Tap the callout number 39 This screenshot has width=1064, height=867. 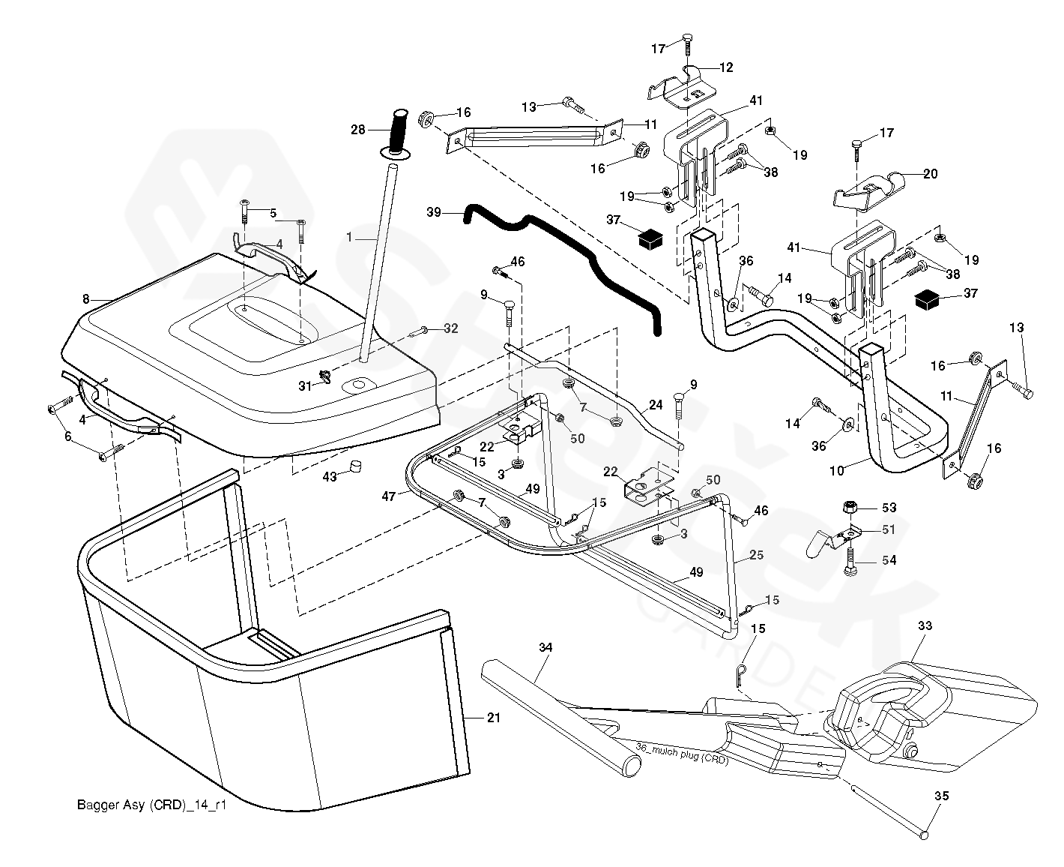pos(434,212)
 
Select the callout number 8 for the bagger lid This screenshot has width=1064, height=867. pos(86,299)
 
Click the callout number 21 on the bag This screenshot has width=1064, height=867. pos(493,718)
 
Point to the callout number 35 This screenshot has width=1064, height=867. pos(942,796)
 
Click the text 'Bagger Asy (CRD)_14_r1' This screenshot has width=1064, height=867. pos(151,805)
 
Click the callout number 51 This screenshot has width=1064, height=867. pos(889,529)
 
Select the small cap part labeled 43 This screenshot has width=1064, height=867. pos(352,469)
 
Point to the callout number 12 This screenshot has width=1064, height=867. pos(726,67)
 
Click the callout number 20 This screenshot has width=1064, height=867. pos(930,173)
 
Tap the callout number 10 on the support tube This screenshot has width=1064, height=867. pos(837,470)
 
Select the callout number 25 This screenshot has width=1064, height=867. pos(756,556)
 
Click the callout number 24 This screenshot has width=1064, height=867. pos(656,405)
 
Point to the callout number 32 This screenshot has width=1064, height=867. pos(450,328)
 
